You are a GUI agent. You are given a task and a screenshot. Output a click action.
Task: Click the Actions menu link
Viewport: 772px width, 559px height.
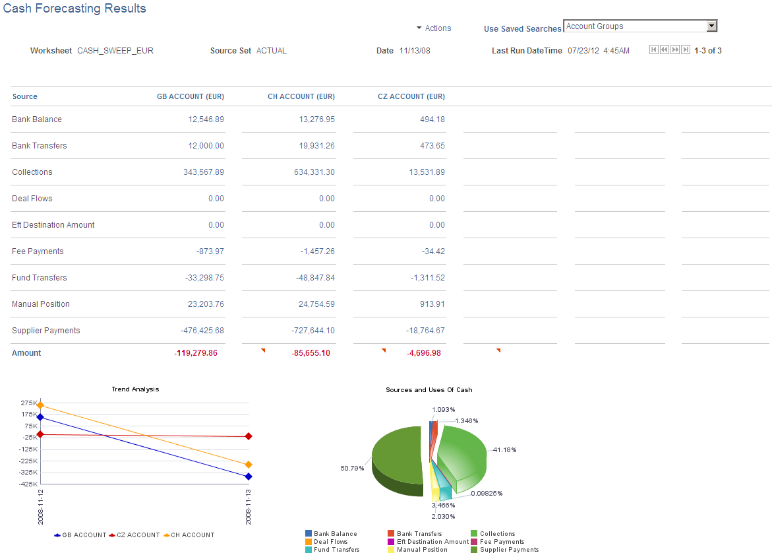click(x=438, y=28)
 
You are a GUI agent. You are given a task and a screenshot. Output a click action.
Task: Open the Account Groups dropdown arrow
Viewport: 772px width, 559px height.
click(x=711, y=26)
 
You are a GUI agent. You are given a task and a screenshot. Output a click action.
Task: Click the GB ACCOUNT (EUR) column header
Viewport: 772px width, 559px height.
click(x=190, y=96)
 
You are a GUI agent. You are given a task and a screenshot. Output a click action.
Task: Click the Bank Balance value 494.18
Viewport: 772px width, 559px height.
click(x=432, y=119)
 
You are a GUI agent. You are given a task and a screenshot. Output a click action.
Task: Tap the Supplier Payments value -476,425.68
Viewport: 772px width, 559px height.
click(x=202, y=331)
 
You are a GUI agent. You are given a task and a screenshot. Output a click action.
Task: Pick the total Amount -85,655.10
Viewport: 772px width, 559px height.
click(x=311, y=353)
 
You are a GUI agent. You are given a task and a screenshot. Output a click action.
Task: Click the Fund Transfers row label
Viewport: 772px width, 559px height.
click(x=40, y=278)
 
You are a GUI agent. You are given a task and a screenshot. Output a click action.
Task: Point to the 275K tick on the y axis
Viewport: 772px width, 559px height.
click(x=29, y=403)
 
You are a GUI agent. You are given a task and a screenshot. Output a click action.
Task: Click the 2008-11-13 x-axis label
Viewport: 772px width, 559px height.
click(x=249, y=507)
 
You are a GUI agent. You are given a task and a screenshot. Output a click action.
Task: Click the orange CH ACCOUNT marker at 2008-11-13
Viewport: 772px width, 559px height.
click(x=249, y=465)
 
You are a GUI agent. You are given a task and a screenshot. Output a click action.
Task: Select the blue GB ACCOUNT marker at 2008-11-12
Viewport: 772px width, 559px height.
click(x=40, y=417)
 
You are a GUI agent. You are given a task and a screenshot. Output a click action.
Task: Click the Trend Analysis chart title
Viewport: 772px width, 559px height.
click(x=135, y=389)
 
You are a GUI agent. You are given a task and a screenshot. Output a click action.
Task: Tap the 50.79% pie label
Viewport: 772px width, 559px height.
click(x=351, y=469)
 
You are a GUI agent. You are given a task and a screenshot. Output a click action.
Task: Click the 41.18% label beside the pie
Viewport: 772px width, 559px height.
click(x=504, y=450)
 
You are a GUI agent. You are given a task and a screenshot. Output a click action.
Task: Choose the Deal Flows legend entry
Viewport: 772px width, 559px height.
click(x=330, y=542)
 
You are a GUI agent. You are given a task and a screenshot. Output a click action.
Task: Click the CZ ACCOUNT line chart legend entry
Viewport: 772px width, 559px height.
click(x=137, y=535)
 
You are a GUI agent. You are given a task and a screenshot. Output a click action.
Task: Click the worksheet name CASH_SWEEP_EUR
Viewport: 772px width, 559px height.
click(x=115, y=51)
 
